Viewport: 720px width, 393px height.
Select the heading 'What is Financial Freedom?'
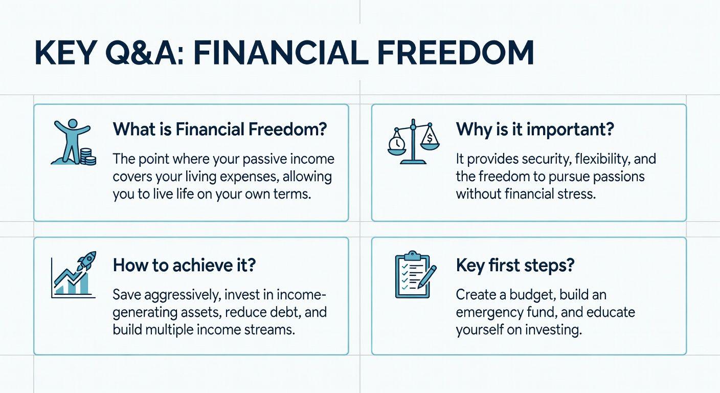coord(220,129)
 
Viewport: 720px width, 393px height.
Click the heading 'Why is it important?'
coord(535,130)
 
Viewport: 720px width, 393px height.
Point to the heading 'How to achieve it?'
coord(184,265)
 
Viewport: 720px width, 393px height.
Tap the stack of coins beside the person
coord(88,157)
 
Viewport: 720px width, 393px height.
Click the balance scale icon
coord(413,142)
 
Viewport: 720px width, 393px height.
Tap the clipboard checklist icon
coord(413,275)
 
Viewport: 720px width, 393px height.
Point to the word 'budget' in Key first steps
coord(532,295)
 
